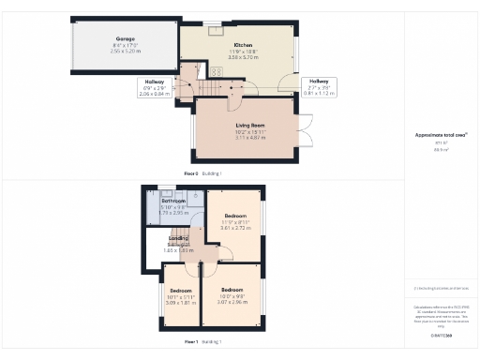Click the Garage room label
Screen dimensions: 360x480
tap(125, 38)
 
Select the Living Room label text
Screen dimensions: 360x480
tap(249, 124)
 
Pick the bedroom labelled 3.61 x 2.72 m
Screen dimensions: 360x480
tap(233, 221)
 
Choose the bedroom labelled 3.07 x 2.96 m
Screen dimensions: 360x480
tap(231, 296)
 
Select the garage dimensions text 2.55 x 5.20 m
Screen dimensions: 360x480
tap(125, 51)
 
